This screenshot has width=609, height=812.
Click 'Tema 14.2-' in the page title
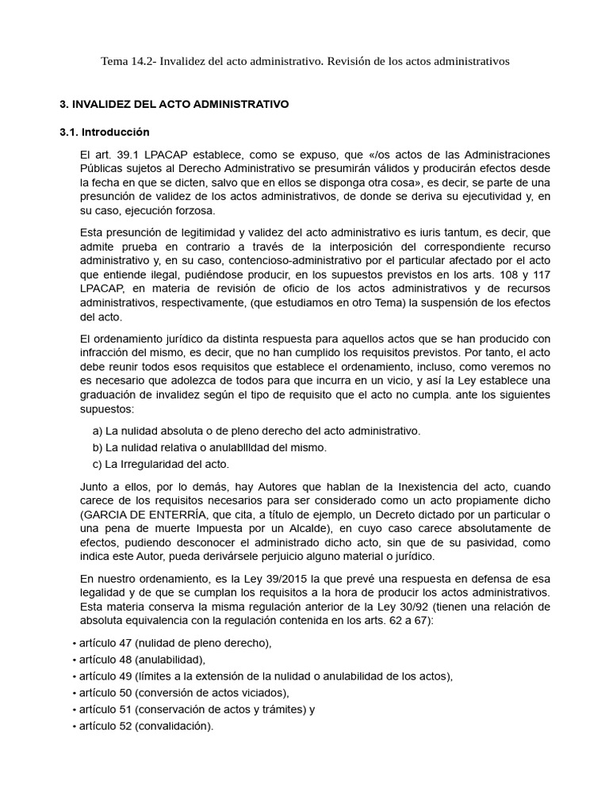pyautogui.click(x=128, y=60)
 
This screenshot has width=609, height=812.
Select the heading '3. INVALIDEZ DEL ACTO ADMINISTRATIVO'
pyautogui.click(x=174, y=104)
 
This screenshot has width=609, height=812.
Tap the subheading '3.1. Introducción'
pyautogui.click(x=105, y=132)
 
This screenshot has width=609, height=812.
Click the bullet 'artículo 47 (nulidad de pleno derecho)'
pyautogui.click(x=174, y=642)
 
